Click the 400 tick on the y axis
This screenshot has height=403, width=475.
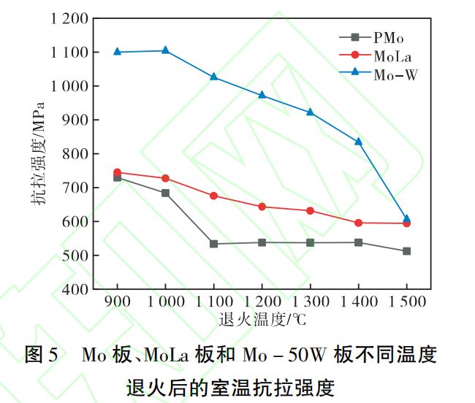(x=77, y=289)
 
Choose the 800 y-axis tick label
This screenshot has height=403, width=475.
(x=77, y=154)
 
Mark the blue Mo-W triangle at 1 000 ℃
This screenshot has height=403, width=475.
(x=165, y=50)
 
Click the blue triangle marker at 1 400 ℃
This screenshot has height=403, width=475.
(x=358, y=142)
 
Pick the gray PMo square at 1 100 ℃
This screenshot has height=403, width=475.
(x=213, y=244)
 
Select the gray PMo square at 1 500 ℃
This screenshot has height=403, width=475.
(x=406, y=251)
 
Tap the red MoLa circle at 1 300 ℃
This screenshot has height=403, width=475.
(x=310, y=211)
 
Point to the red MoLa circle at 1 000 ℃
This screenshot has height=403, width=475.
(x=165, y=178)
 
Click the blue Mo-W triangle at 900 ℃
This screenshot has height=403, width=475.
(x=117, y=52)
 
